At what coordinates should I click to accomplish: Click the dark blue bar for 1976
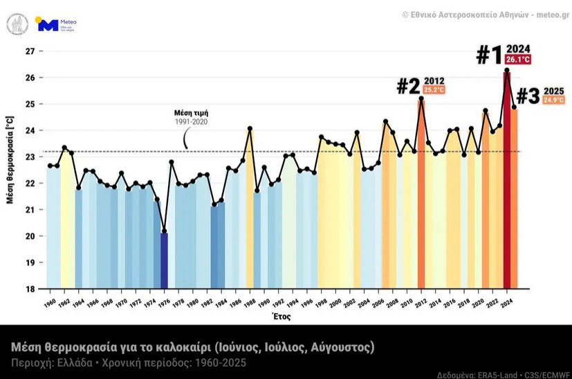tap(164, 260)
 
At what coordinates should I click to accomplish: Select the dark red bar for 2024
tap(507, 180)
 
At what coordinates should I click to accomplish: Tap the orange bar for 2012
tap(421, 194)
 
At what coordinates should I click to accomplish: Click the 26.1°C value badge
tap(518, 60)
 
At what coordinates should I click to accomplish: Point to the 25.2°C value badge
tap(434, 90)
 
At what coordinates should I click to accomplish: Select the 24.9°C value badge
tap(553, 100)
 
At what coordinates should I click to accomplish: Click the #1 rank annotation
tap(490, 55)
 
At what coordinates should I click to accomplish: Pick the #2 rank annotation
tap(408, 87)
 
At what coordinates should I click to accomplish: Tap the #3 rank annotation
tap(528, 96)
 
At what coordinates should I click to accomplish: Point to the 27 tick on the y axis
tap(30, 51)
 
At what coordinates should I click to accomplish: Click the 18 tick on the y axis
tap(30, 289)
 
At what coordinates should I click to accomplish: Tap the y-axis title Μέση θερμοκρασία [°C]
tap(10, 170)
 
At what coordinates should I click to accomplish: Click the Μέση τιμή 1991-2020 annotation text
tap(190, 117)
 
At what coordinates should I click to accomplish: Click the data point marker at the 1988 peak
tap(250, 128)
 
